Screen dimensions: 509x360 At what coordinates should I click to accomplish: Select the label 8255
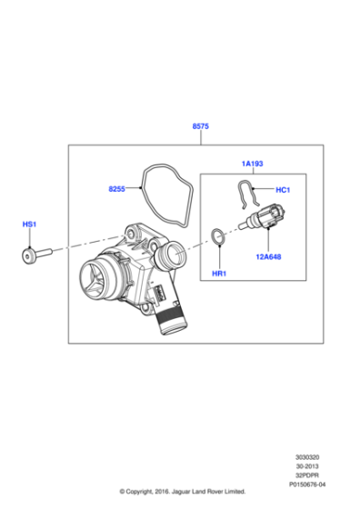point(116,190)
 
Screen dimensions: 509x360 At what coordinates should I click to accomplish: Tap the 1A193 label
point(252,164)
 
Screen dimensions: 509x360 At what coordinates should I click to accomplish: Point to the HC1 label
point(282,190)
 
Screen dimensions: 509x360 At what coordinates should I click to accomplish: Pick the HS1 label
point(30,223)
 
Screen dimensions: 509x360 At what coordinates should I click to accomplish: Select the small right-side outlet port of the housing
point(173,255)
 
